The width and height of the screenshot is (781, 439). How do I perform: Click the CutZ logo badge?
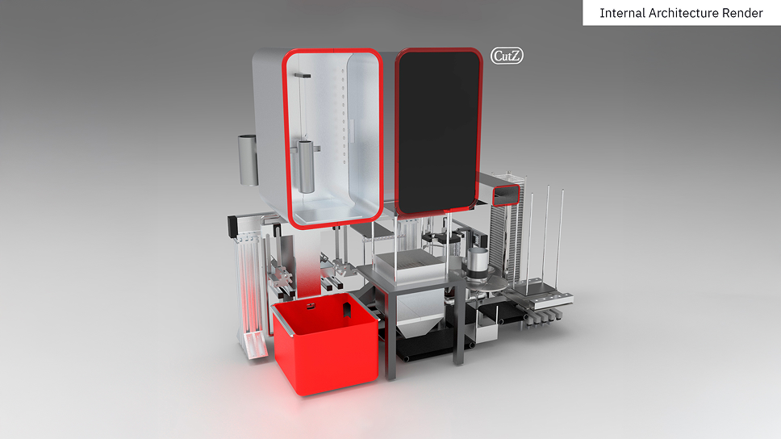(507, 56)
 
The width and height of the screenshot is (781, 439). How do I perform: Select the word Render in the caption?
(747, 13)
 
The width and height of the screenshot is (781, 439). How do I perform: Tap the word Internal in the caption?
(622, 13)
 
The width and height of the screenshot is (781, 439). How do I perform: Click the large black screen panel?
(438, 132)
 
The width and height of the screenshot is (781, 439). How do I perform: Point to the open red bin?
(325, 343)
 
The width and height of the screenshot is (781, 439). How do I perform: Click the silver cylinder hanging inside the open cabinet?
(306, 166)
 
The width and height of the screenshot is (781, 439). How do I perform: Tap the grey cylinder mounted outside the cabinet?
(248, 160)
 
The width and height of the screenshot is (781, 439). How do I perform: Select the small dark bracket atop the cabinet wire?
(303, 75)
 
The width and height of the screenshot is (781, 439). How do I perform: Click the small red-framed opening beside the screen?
(507, 194)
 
